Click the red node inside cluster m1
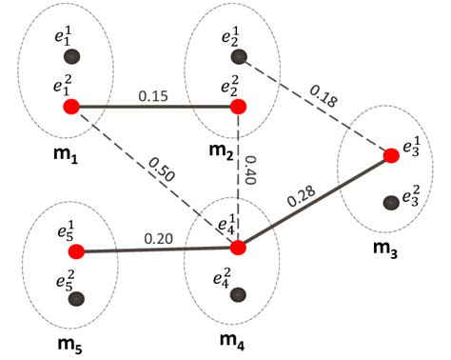[x=70, y=106]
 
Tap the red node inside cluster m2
[x=238, y=106]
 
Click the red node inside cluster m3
[x=390, y=155]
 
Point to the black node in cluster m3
[x=390, y=202]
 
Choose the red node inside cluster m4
[x=238, y=248]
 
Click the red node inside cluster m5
[x=76, y=251]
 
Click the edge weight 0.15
[x=154, y=96]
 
